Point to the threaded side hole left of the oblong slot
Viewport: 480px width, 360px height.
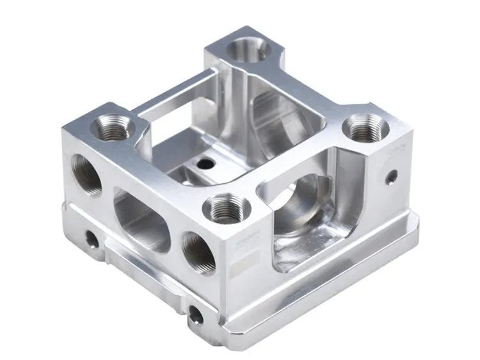click(86, 173)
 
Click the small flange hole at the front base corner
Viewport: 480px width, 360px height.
click(195, 313)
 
